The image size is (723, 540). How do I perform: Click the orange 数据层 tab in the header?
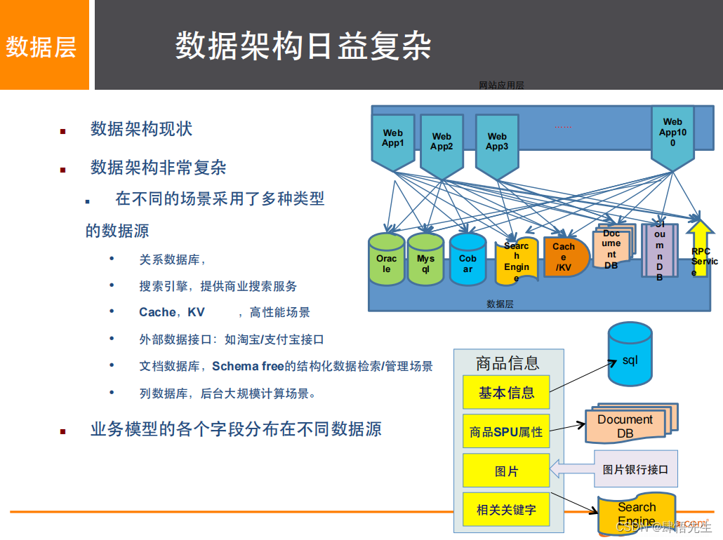pyautogui.click(x=41, y=46)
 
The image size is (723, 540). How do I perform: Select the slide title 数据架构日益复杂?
pyautogui.click(x=303, y=46)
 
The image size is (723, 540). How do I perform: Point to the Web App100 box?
pyautogui.click(x=672, y=133)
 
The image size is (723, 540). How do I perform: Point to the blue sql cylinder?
pyautogui.click(x=630, y=356)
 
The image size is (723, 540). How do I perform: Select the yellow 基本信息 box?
pyautogui.click(x=506, y=393)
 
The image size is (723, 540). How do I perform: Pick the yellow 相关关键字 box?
pyautogui.click(x=506, y=510)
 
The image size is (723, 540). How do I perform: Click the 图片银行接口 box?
pyautogui.click(x=635, y=469)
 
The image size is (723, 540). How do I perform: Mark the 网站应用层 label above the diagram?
pyautogui.click(x=501, y=86)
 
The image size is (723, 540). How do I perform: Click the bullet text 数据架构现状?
pyautogui.click(x=141, y=129)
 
